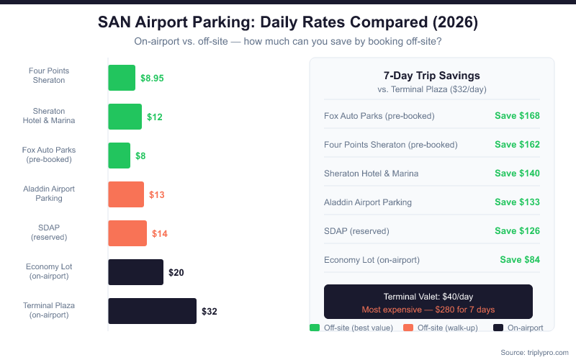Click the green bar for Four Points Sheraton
[122, 78]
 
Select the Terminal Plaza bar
[152, 311]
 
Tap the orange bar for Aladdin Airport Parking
[126, 194]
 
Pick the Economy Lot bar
[135, 272]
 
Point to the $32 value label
[209, 312]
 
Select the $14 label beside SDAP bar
[160, 233]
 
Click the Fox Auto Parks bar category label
[49, 155]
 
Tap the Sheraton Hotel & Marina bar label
[49, 116]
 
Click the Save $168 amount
[517, 115]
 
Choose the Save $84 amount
[520, 259]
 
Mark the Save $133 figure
[517, 202]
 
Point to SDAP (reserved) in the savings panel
[356, 230]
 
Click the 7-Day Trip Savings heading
[432, 76]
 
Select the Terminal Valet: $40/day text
[428, 297]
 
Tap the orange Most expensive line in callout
[428, 310]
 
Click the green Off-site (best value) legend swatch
[314, 328]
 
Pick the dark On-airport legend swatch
[498, 328]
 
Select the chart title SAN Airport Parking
[288, 23]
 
